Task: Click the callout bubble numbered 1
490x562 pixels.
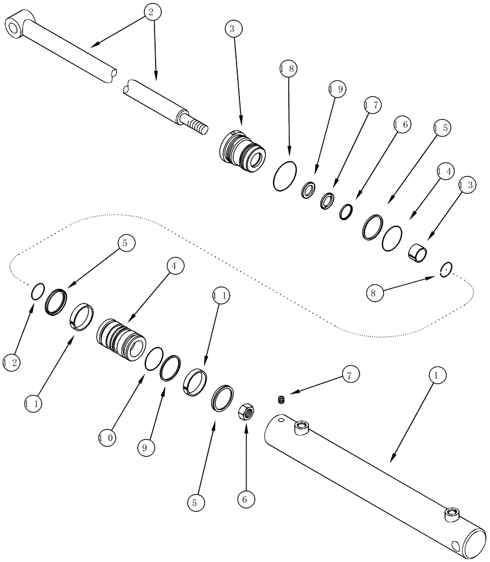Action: coord(438,373)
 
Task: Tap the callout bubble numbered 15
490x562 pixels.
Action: coord(441,128)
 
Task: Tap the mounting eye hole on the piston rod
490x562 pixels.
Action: coord(12,25)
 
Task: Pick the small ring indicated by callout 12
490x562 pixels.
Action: coord(37,291)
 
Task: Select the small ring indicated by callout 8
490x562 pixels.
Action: coord(446,269)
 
